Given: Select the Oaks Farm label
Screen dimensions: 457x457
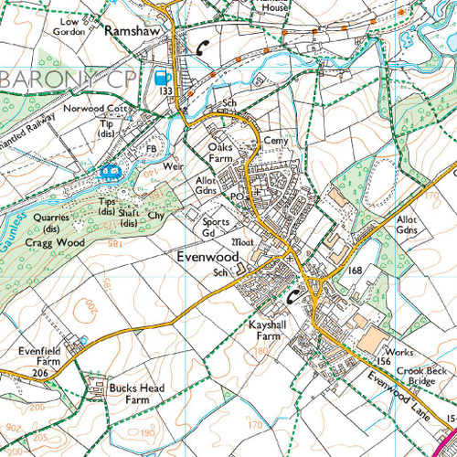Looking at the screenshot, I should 221,152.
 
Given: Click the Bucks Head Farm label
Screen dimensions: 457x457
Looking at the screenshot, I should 136,394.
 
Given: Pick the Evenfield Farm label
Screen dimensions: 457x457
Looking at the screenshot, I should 39,356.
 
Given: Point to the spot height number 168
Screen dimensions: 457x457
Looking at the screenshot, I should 356,271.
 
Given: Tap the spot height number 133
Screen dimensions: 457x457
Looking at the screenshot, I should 165,92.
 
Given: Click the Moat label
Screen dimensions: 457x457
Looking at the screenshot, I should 244,242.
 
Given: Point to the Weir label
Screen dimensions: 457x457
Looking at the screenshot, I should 175,167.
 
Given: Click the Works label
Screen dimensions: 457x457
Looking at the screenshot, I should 400,352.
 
